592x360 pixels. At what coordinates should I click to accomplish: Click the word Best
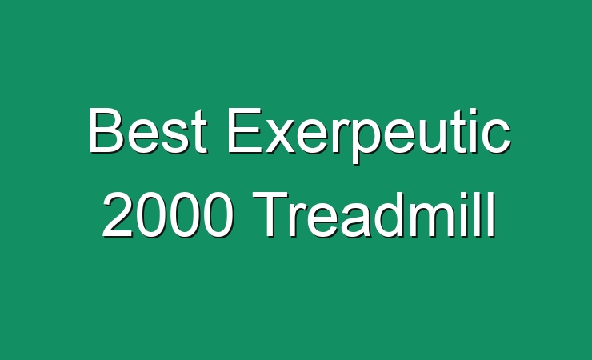148,130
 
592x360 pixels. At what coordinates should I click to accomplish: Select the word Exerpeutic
369,136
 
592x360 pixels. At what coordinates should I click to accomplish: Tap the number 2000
168,214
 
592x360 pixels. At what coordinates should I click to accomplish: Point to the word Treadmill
374,214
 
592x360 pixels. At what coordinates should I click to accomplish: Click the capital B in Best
106,130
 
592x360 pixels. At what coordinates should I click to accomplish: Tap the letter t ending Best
200,133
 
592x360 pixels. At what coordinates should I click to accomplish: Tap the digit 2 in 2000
118,214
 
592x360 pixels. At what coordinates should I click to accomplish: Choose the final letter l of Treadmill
492,214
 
